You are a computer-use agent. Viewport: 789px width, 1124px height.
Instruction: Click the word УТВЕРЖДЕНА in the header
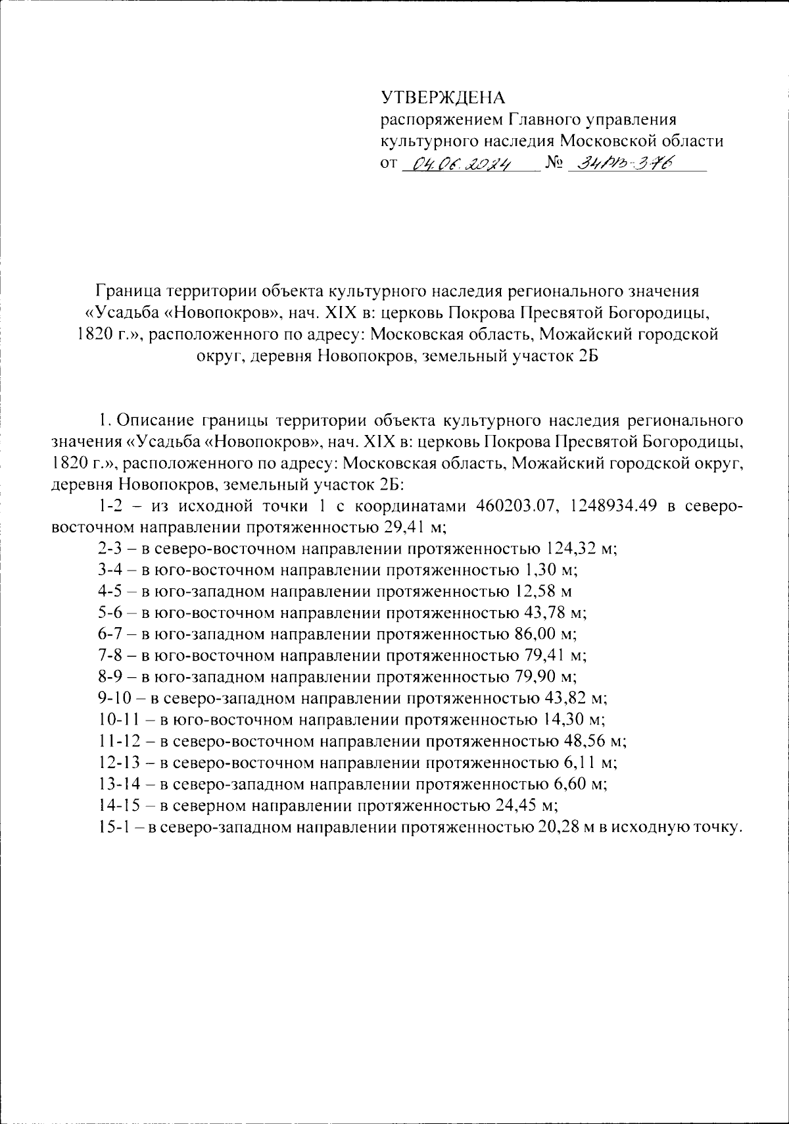coord(442,97)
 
